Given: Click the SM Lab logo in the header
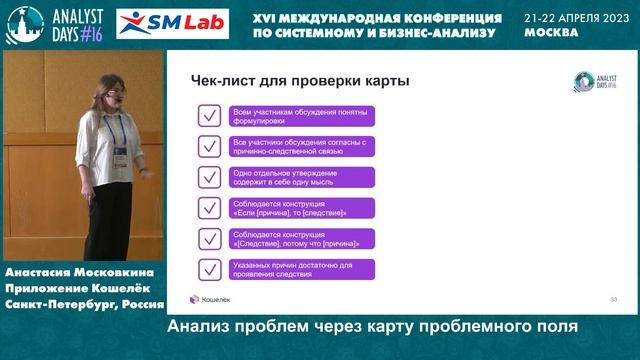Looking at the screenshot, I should pyautogui.click(x=172, y=22).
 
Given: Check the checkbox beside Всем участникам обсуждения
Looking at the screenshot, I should pyautogui.click(x=210, y=115).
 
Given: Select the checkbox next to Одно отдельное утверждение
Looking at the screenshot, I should pyautogui.click(x=210, y=177).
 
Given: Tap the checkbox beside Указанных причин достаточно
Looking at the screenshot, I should pyautogui.click(x=210, y=270).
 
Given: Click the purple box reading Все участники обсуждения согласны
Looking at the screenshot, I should pyautogui.click(x=301, y=146).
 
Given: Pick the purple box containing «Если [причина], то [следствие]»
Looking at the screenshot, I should pyautogui.click(x=301, y=208).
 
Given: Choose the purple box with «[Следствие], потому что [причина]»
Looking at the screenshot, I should pyautogui.click(x=301, y=239).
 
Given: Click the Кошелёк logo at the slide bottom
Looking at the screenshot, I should pyautogui.click(x=211, y=298).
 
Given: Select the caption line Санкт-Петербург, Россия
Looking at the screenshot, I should pyautogui.click(x=83, y=302).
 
